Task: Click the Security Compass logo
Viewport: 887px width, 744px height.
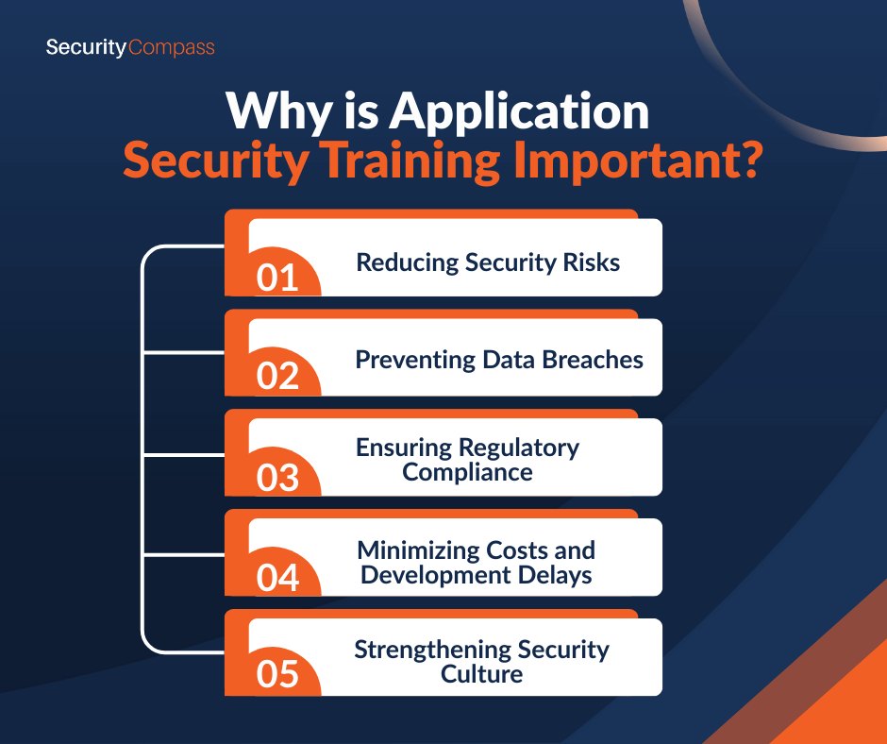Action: click(130, 47)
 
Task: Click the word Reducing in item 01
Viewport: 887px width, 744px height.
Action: click(408, 263)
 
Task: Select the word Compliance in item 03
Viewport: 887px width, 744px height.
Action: click(467, 473)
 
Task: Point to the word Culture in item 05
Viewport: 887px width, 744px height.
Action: click(481, 674)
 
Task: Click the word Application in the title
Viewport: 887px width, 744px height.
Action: click(519, 112)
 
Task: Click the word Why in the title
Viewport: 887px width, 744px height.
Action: click(278, 112)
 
